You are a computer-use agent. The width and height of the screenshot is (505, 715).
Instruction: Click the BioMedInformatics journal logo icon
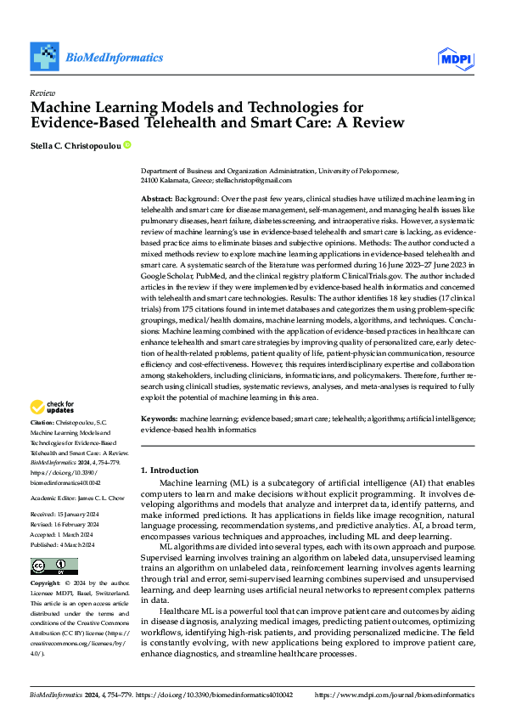pyautogui.click(x=46, y=56)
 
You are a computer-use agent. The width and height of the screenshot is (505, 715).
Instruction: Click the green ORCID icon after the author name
pyautogui.click(x=127, y=145)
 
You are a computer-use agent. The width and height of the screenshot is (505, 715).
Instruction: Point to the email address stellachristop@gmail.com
pyautogui.click(x=252, y=180)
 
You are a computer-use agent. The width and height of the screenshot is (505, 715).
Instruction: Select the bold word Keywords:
pyautogui.click(x=159, y=419)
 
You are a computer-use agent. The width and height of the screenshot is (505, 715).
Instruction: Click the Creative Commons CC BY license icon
pyautogui.click(x=53, y=566)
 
